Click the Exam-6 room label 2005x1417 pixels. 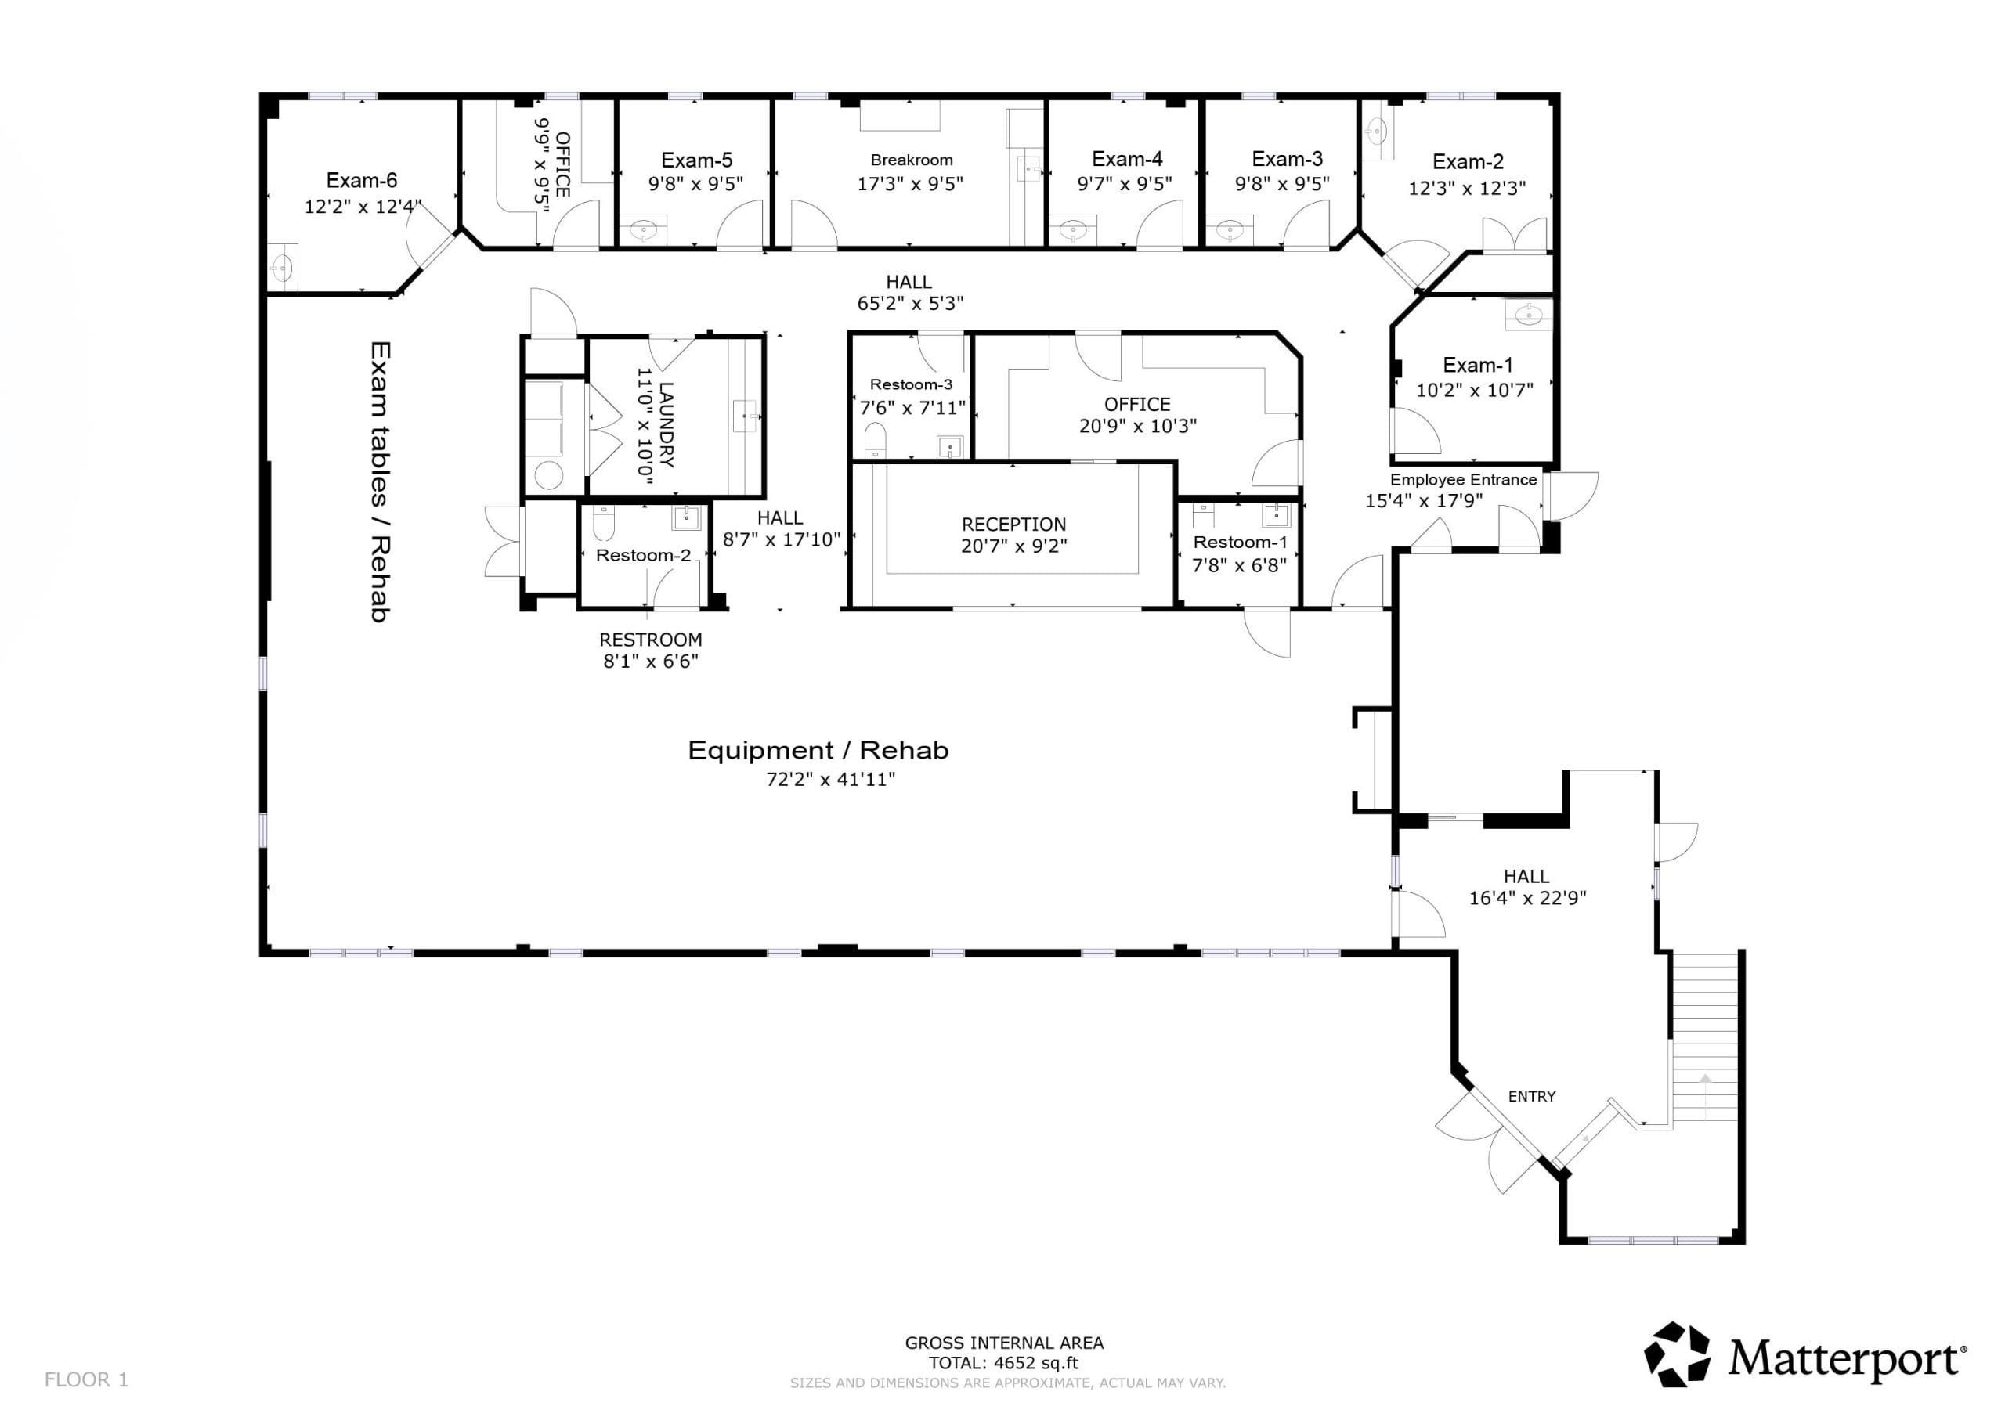click(362, 181)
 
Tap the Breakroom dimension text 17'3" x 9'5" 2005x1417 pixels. click(910, 184)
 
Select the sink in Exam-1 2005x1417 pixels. click(1528, 315)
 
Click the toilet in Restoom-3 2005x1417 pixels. click(874, 439)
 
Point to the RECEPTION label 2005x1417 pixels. click(1013, 525)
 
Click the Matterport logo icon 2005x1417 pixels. click(1678, 1354)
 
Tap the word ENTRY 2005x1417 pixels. click(1532, 1097)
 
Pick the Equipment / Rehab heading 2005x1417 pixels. click(818, 751)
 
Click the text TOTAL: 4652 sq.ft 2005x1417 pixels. click(1003, 1363)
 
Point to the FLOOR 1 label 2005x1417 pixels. click(86, 1379)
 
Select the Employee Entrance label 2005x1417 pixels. click(1464, 479)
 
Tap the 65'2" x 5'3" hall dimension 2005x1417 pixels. click(910, 304)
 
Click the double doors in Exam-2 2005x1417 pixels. click(1514, 236)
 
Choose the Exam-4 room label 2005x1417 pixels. click(1126, 159)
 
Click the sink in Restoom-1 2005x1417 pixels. click(1276, 514)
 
